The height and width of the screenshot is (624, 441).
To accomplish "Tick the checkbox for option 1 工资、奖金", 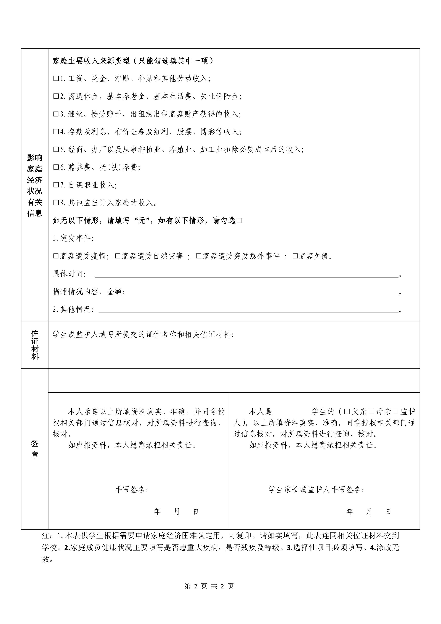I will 56,79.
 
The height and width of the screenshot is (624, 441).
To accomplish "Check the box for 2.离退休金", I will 56,96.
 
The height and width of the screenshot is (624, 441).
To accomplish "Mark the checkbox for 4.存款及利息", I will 56,132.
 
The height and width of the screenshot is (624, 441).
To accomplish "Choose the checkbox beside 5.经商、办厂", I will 56,149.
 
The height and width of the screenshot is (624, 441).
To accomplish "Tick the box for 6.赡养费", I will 56,167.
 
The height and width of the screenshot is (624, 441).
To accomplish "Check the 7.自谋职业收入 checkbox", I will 56,185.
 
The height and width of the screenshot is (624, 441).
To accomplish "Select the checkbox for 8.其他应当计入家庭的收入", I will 56,203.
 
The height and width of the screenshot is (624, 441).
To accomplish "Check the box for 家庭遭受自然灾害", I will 118,256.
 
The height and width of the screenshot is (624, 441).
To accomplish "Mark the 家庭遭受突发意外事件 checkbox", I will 199,256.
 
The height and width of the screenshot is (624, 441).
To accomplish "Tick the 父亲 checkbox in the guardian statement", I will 347,412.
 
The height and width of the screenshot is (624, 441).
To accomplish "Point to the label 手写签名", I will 132,482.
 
